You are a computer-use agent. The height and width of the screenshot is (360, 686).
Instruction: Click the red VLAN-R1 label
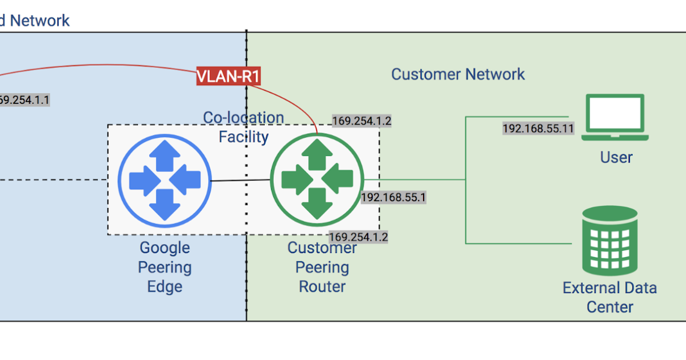(x=228, y=76)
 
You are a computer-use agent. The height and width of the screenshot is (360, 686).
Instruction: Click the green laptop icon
(x=615, y=118)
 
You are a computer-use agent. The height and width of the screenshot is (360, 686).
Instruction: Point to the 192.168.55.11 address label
(x=538, y=129)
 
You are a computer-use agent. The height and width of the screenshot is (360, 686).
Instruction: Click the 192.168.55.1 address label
(x=394, y=198)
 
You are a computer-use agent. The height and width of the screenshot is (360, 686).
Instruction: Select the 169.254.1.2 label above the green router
(x=362, y=121)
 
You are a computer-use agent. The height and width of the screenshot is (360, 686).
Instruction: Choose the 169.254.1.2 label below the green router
(x=358, y=237)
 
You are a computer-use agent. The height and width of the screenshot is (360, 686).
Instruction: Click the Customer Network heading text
(x=457, y=74)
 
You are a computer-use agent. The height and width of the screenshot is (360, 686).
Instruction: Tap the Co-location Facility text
(x=244, y=127)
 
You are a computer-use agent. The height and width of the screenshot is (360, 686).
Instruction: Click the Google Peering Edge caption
(x=165, y=267)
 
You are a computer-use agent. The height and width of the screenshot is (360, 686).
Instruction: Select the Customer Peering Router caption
(x=322, y=267)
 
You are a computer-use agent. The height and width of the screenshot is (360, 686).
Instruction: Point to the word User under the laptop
(x=616, y=157)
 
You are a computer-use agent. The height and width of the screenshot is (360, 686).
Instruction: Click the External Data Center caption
(x=609, y=297)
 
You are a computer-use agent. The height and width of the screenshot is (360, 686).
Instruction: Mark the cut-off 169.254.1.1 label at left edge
(x=24, y=100)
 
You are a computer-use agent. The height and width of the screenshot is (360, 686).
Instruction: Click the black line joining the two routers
(x=240, y=181)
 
